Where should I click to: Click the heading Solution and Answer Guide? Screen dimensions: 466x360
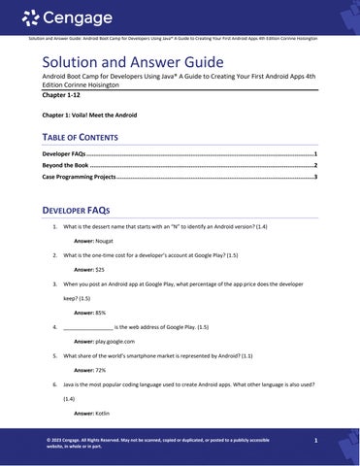[x=127, y=61]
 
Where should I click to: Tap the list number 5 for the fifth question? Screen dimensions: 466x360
[x=54, y=355]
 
